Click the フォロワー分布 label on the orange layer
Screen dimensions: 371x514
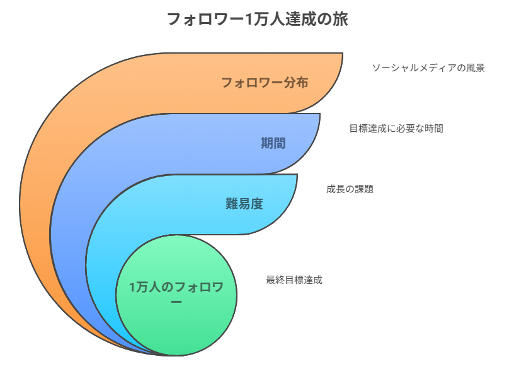point(265,83)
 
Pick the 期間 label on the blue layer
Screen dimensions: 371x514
point(273,143)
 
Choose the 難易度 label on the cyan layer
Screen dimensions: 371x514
point(244,204)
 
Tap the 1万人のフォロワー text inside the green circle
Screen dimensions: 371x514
point(176,288)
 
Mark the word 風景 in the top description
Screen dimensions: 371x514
point(476,68)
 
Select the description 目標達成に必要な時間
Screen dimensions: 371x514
point(396,129)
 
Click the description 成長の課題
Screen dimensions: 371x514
point(350,189)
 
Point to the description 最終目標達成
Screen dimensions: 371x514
point(294,280)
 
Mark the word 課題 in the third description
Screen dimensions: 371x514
point(363,189)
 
